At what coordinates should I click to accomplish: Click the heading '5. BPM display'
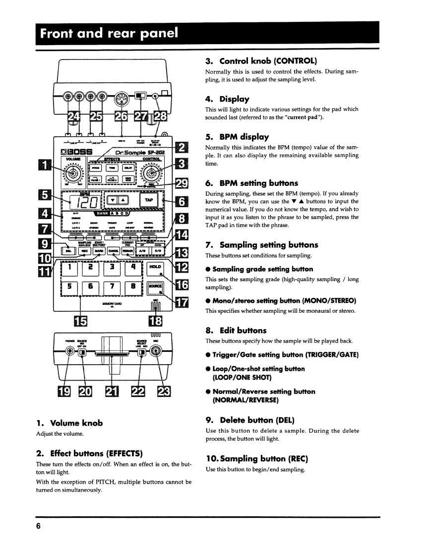[237, 137]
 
